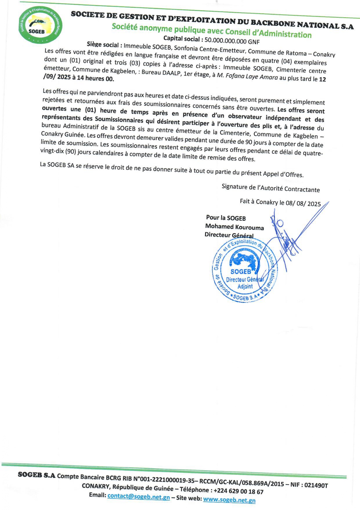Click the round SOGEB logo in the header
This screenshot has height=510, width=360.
pos(40,25)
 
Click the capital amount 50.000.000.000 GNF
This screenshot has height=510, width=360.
pos(232,41)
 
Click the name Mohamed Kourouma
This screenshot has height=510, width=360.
pos(234,227)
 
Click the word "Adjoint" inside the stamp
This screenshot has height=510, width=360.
pos(245,286)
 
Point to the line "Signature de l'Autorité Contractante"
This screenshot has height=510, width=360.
pos(271,188)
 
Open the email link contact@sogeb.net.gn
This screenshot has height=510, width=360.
pos(138,496)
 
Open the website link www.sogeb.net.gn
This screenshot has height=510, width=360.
pos(229,500)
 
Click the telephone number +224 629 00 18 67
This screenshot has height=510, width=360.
pos(238,491)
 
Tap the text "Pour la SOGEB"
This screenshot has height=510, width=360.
pos(226,218)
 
